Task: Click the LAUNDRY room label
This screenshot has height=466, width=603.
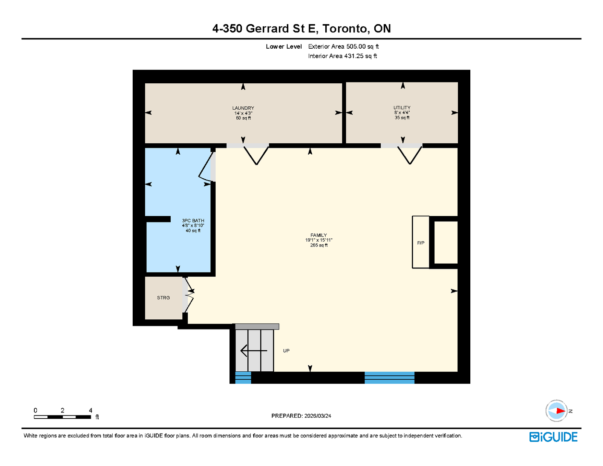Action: [x=243, y=108]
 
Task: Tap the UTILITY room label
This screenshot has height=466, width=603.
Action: [x=402, y=108]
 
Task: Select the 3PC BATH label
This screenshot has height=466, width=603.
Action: [x=193, y=221]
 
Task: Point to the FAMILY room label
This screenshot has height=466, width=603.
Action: [x=318, y=235]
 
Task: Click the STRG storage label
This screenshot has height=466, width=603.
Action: [x=164, y=297]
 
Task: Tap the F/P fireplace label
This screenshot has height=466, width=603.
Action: [x=421, y=243]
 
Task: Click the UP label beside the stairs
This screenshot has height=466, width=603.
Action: [x=286, y=351]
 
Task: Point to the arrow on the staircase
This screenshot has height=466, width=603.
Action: [x=254, y=351]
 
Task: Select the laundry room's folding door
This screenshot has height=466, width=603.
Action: [x=256, y=155]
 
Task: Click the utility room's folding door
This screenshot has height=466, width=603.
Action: [x=410, y=155]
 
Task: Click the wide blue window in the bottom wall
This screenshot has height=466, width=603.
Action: [x=389, y=377]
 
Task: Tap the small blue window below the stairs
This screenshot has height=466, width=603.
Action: [x=243, y=377]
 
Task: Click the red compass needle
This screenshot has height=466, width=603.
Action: [x=561, y=411]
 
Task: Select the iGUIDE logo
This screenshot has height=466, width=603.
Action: [x=553, y=437]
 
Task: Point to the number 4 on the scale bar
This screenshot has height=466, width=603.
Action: [x=90, y=410]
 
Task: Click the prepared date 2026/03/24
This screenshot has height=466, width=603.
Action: [x=318, y=416]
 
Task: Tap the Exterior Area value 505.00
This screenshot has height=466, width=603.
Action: [x=356, y=46]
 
